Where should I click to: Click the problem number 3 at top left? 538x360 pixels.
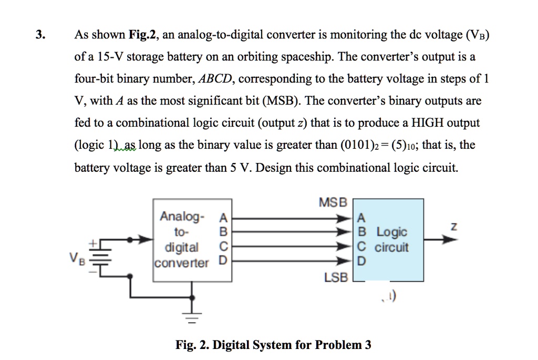tap(39, 35)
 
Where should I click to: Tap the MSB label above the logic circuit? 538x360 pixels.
tap(333, 202)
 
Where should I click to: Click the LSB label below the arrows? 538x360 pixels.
tap(336, 277)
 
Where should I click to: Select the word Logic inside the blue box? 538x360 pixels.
tap(392, 232)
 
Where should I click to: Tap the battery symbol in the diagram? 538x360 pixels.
tap(100, 258)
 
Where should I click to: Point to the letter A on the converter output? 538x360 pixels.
tap(222, 218)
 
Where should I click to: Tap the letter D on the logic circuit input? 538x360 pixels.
tap(360, 261)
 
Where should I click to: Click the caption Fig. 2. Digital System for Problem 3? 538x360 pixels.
tap(274, 345)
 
